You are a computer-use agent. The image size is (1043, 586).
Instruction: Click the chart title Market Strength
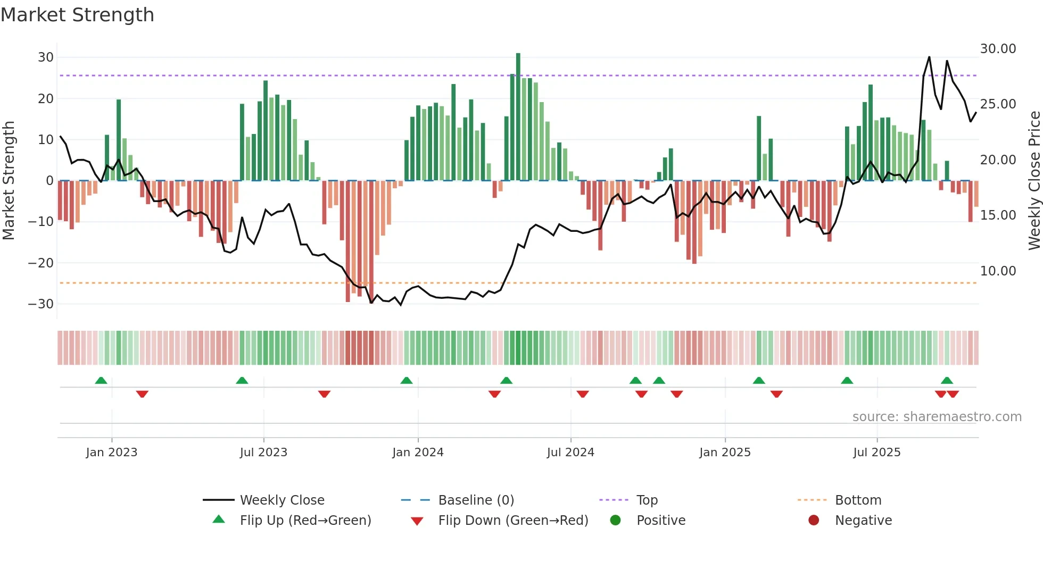[x=77, y=15]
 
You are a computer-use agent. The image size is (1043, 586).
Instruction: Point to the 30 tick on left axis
[x=46, y=57]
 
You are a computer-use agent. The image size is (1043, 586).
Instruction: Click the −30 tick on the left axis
[x=41, y=304]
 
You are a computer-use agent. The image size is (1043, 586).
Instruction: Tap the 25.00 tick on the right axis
[x=998, y=104]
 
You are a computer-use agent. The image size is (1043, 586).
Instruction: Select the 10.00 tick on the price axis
[x=998, y=271]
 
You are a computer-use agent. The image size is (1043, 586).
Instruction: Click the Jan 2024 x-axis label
[x=418, y=453]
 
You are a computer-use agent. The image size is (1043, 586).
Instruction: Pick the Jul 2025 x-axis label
[x=876, y=453]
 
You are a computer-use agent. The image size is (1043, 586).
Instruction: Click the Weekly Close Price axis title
[x=1034, y=181]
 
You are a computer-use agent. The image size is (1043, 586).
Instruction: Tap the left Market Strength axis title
[x=9, y=181]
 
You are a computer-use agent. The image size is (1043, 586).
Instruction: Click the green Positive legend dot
[x=616, y=521]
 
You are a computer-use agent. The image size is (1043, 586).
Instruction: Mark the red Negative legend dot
[x=814, y=521]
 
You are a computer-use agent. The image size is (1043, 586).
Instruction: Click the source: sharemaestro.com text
[x=937, y=417]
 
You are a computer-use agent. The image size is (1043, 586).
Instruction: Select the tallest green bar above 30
[x=518, y=117]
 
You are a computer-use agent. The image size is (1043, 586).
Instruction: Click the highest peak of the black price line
[x=929, y=57]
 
